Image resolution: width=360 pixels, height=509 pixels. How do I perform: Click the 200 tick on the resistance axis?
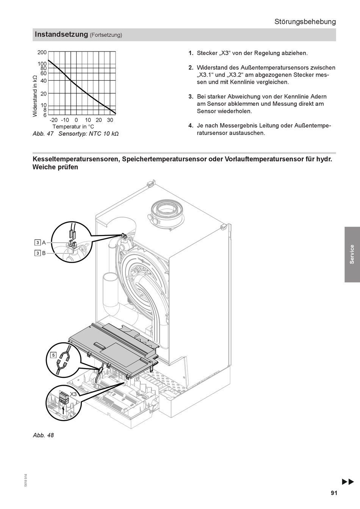(x=42, y=52)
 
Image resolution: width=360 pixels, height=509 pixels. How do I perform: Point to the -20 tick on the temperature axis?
(x=53, y=120)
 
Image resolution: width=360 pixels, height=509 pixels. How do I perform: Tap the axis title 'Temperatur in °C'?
(x=73, y=127)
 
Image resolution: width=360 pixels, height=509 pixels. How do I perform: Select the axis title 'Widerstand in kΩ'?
(x=35, y=96)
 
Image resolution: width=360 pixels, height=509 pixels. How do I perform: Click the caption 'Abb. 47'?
(x=43, y=134)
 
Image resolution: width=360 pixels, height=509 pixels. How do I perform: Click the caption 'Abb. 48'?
(x=43, y=435)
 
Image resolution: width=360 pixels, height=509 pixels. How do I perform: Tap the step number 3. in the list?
(x=191, y=97)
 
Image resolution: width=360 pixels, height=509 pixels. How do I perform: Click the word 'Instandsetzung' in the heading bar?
(x=61, y=34)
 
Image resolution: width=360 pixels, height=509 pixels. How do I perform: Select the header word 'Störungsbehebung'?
(x=305, y=22)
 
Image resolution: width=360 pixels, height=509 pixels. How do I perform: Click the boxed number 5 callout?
(x=53, y=355)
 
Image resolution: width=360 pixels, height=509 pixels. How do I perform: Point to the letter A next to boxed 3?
(x=44, y=243)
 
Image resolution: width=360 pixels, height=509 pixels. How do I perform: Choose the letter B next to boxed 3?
(x=44, y=253)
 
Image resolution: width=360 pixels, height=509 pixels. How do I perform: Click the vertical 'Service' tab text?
(x=352, y=254)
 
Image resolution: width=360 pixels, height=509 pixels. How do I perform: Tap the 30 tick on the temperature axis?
(x=110, y=120)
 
